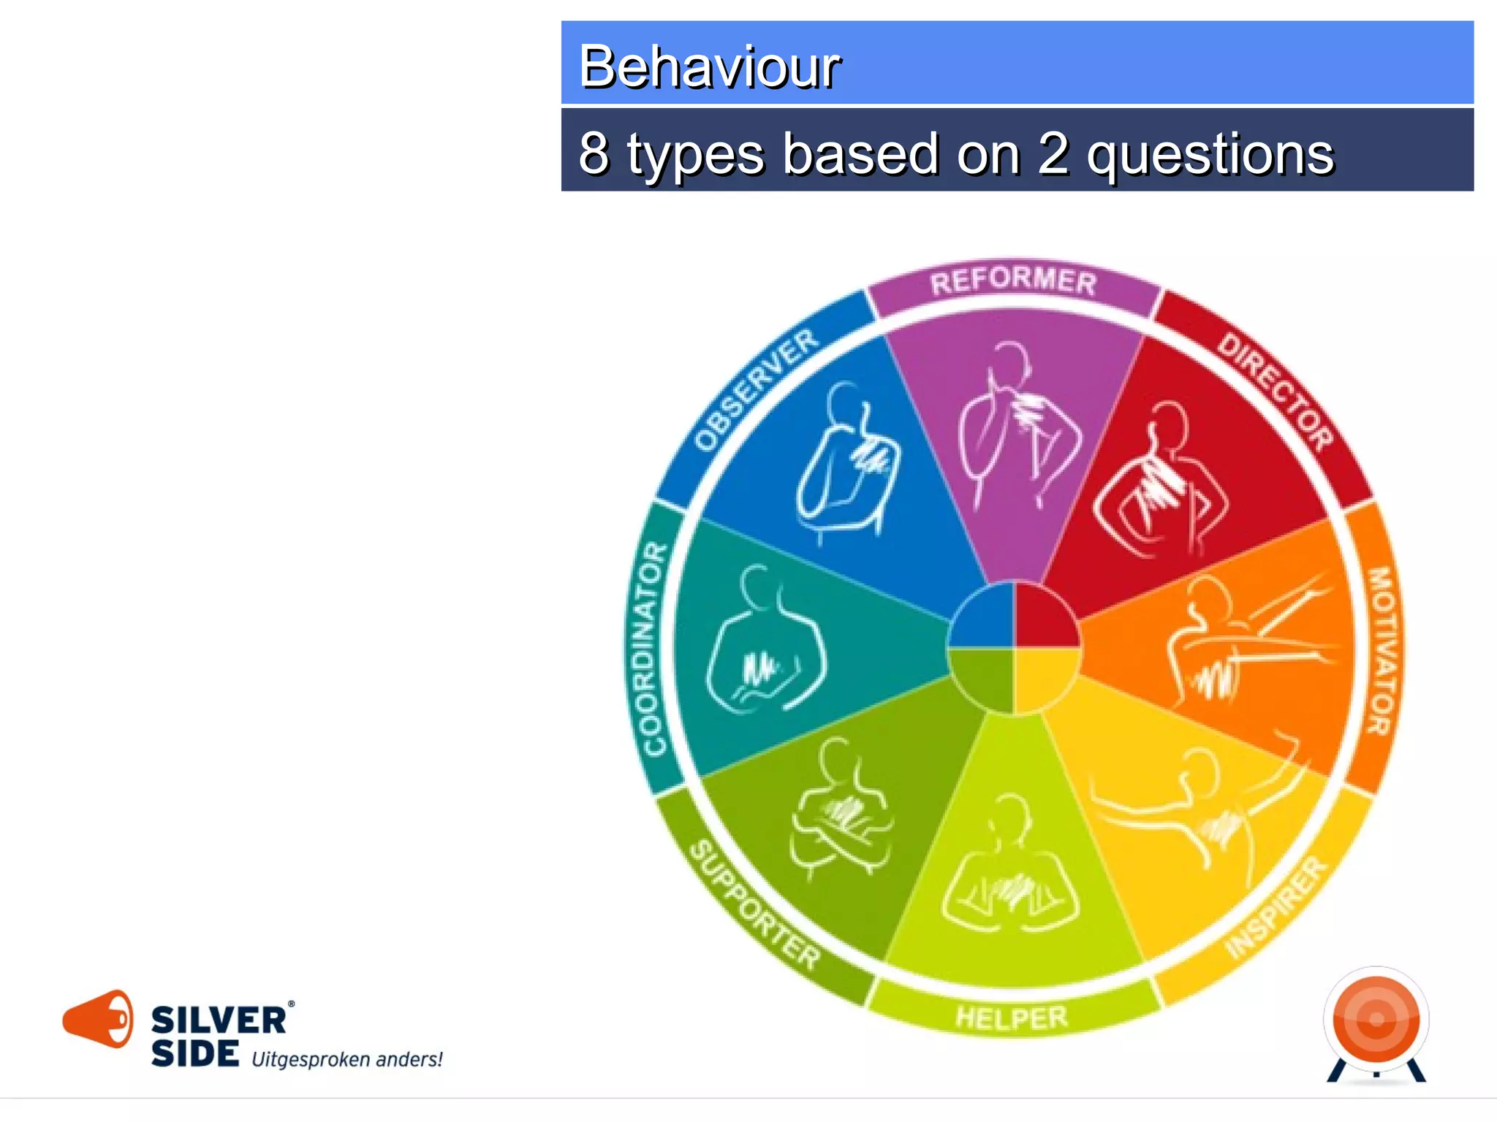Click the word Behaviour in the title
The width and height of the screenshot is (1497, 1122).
[709, 66]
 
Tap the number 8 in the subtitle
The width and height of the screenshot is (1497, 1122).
[594, 153]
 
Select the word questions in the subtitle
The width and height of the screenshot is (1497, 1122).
[1210, 155]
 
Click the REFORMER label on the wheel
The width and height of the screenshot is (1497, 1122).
[1013, 281]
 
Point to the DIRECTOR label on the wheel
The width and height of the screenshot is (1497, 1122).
[1276, 392]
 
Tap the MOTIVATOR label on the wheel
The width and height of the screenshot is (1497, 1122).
[1382, 650]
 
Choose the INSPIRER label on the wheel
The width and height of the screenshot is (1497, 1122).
[1276, 908]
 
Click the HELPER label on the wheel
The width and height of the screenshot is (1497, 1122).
[1012, 1017]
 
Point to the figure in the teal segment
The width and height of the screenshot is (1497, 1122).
[764, 643]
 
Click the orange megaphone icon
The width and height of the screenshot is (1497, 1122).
[99, 1019]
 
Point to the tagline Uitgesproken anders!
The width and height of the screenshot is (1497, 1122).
[347, 1059]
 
